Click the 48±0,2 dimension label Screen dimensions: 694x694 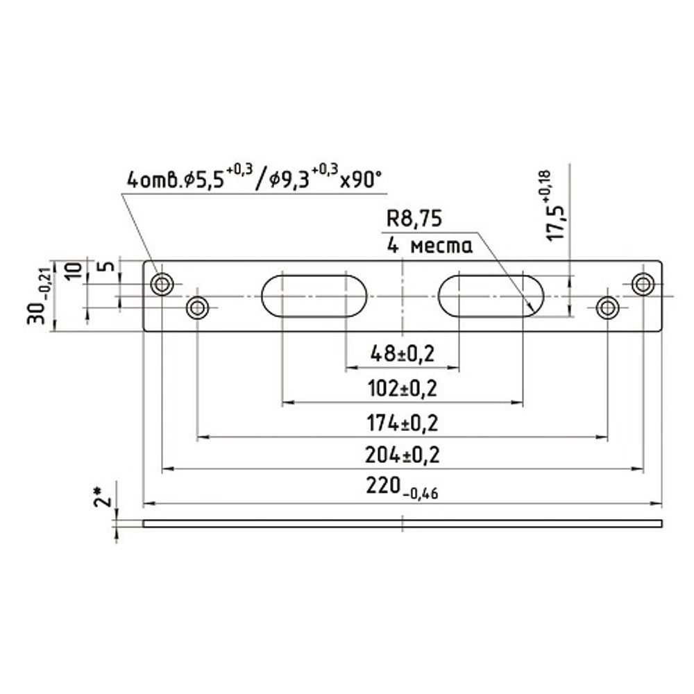(403, 354)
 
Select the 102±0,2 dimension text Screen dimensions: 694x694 (403, 389)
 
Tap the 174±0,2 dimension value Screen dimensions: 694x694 (403, 423)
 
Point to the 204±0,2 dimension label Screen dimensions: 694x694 (403, 455)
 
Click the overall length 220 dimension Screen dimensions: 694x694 (402, 488)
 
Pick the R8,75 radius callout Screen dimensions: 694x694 (414, 219)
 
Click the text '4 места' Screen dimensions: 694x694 (430, 245)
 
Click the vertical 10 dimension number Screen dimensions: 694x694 (74, 270)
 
